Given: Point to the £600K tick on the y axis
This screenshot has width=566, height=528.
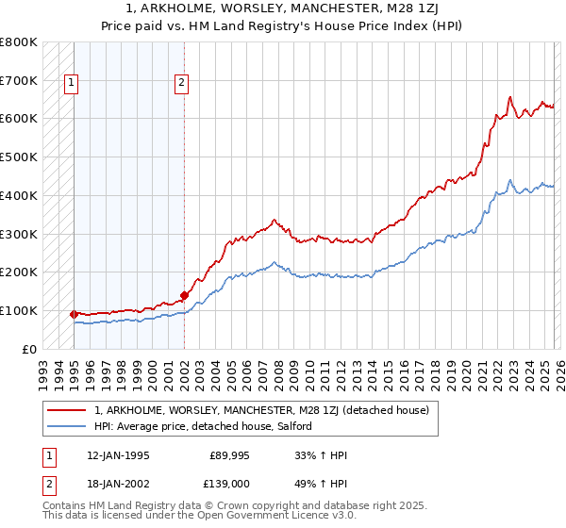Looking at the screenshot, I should [19, 119].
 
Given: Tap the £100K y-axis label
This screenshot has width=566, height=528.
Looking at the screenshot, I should [19, 310].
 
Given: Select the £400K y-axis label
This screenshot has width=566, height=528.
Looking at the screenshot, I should [19, 195].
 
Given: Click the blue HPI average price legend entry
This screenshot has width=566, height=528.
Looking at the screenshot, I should [208, 427].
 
